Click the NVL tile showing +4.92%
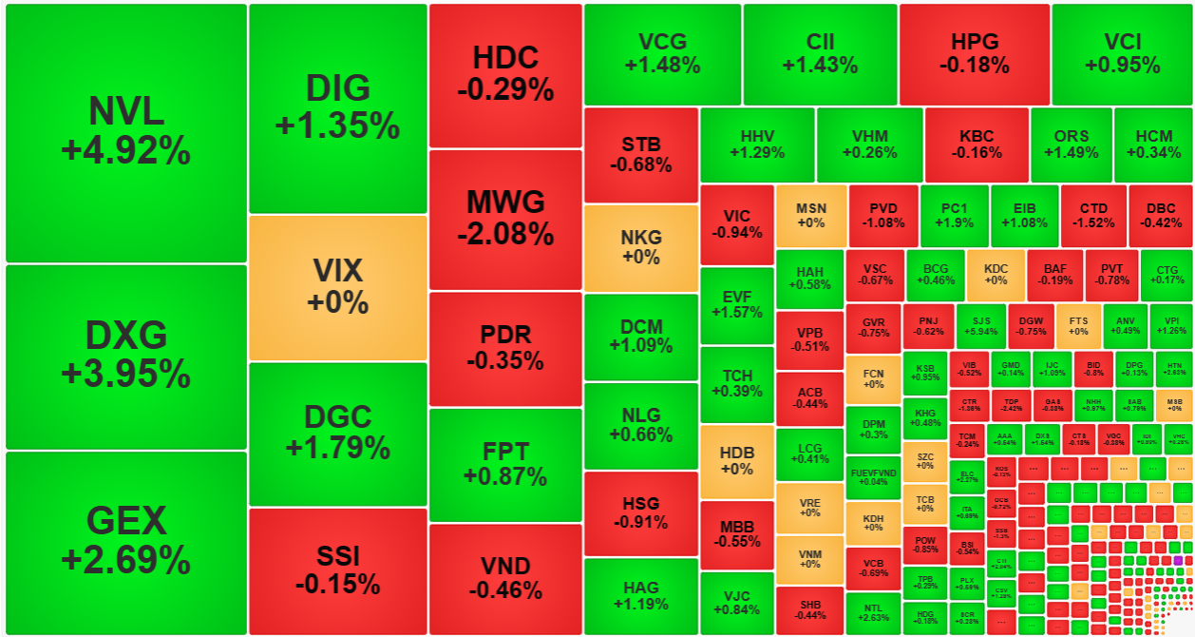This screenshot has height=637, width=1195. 126,132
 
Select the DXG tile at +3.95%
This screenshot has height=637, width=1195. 126,356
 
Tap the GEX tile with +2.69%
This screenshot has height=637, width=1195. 126,541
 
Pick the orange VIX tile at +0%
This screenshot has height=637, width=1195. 337,287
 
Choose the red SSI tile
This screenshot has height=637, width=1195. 337,569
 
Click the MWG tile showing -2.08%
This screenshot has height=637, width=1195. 504,218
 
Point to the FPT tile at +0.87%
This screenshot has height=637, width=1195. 504,464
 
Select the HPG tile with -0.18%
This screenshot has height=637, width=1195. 974,54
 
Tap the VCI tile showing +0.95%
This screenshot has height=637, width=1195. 1122,54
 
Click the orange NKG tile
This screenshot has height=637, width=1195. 640,247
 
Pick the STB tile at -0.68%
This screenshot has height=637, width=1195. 640,154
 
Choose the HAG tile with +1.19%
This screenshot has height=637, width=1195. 640,596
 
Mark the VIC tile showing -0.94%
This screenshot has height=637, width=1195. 736,224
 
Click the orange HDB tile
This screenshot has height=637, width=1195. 736,461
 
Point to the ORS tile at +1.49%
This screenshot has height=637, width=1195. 1071,145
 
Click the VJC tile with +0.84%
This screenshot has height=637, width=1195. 736,603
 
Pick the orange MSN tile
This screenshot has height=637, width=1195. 810,216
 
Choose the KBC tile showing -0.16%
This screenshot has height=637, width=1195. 976,145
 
